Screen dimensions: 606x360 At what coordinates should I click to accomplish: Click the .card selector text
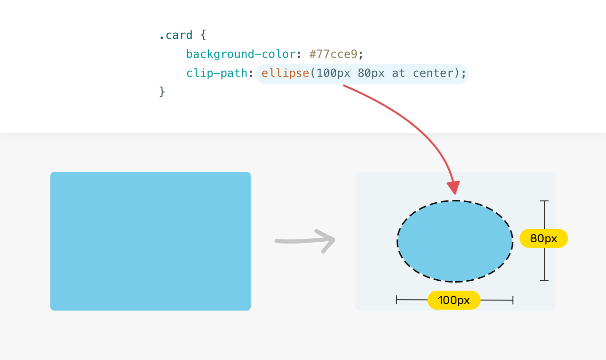coord(176,35)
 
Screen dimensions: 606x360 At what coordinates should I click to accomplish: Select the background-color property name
coord(241,54)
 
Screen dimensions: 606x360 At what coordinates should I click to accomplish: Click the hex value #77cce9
coord(333,54)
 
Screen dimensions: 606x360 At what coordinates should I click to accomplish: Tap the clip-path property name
coord(217,73)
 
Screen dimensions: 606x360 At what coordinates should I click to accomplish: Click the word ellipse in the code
coord(285,73)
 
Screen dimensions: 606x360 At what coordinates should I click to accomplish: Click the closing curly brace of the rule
coord(162,92)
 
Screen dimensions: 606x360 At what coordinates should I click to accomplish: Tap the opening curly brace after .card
coord(203,35)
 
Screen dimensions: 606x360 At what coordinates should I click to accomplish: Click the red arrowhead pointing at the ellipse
coord(454,187)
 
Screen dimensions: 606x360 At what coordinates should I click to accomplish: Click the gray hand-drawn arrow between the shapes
coord(305,240)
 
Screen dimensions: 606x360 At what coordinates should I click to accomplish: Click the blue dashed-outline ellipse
coord(455,241)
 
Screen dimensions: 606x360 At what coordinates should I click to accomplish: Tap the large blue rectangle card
coord(151,241)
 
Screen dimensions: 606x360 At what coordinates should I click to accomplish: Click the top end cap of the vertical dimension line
coord(544,201)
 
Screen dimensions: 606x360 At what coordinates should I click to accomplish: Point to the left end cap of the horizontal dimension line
coord(397,300)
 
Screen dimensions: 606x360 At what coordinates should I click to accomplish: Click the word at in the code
coord(398,73)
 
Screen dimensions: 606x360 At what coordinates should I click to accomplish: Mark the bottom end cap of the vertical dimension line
coord(544,281)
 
